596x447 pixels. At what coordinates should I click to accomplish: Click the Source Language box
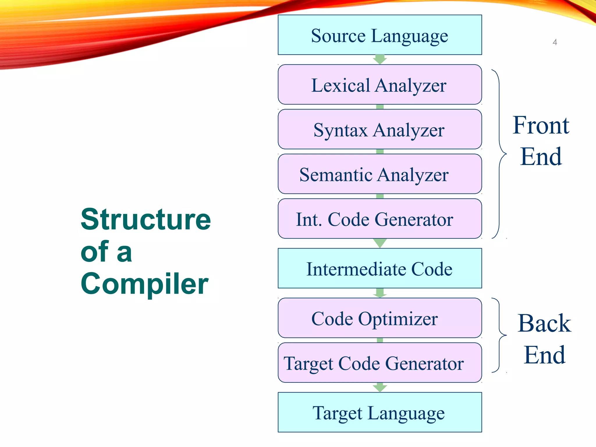379,35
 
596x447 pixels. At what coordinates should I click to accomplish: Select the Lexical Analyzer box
379,85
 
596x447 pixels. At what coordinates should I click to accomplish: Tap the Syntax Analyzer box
379,130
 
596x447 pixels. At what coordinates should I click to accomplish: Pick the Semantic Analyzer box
379,174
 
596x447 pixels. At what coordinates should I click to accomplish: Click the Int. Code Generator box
379,219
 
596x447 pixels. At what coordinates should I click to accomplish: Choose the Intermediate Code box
379,268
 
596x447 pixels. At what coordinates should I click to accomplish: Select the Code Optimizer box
379,318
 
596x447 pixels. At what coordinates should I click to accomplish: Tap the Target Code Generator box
379,363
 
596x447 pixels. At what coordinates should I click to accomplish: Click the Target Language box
379,412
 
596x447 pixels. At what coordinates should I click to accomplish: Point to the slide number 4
555,42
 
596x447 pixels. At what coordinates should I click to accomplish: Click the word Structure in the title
146,219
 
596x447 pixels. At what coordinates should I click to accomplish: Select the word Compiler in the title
144,284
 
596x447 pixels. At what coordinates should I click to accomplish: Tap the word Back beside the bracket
544,323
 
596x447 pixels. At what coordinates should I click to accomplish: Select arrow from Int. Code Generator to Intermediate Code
380,243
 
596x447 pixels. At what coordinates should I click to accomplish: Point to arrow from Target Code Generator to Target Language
380,387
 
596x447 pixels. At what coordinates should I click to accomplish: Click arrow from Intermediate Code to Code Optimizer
380,293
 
